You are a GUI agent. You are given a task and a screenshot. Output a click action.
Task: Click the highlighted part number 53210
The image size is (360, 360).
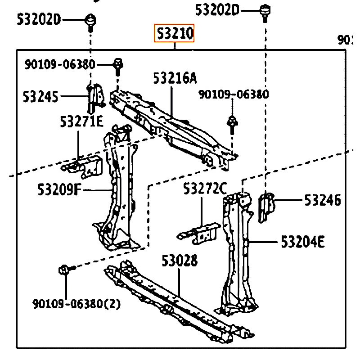tap(175, 33)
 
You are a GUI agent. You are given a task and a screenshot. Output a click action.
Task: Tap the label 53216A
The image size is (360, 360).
tap(175, 79)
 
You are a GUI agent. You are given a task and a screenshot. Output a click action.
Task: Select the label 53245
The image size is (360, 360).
tap(40, 96)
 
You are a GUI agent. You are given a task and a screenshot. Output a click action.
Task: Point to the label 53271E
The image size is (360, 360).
tap(81, 121)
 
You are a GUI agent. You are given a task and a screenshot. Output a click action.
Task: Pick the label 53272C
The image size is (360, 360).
tap(205, 189)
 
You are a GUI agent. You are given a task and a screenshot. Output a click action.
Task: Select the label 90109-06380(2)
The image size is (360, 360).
tap(76, 304)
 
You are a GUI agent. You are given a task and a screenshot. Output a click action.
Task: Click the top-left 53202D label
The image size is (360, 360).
tap(39, 19)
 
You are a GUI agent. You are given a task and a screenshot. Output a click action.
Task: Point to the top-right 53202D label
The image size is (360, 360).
tap(218, 9)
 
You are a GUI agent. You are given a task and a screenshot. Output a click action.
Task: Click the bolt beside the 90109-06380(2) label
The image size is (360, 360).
tap(63, 270)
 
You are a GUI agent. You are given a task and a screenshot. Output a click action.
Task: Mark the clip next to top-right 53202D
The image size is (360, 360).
tap(265, 10)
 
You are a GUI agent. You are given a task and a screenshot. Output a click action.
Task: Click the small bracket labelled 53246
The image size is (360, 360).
tap(266, 206)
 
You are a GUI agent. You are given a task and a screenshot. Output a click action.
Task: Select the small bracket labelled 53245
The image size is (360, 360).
tap(95, 98)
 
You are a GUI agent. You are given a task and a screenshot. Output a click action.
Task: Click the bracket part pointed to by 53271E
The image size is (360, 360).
tap(84, 166)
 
